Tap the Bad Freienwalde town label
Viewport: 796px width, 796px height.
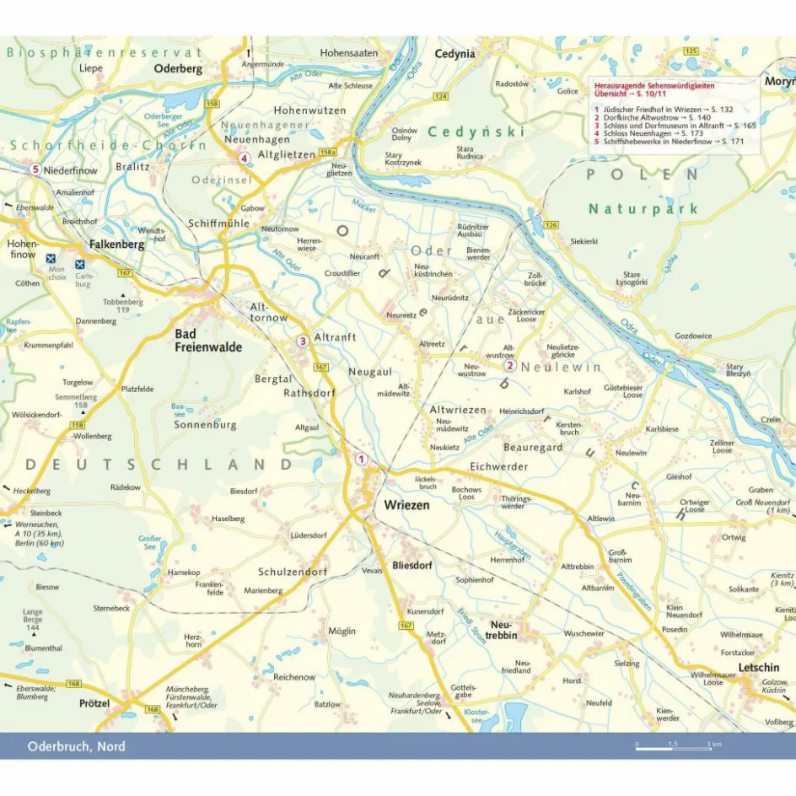coord(207,341)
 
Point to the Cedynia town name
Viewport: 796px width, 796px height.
coord(454,54)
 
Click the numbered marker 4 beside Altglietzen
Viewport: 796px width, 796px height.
coord(244,158)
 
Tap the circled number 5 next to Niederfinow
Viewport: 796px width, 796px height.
coord(35,169)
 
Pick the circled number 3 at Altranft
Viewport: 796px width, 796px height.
coord(302,342)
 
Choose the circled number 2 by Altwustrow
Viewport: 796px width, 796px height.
coord(509,366)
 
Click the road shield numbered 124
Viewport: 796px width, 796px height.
coord(440,97)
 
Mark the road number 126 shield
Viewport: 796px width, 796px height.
coord(551,224)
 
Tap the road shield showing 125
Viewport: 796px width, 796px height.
coord(691,51)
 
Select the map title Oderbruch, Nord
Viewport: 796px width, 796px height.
coord(76,746)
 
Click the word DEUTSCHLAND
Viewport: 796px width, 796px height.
coord(159,465)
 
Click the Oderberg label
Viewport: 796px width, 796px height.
coord(179,69)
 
